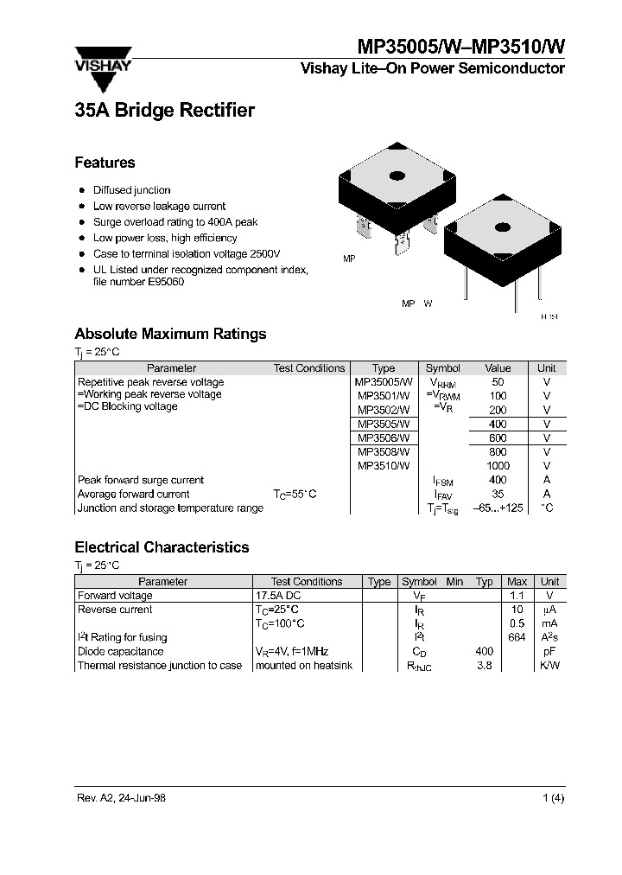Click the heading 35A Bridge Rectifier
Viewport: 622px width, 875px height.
pos(164,111)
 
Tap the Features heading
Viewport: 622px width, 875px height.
pos(105,163)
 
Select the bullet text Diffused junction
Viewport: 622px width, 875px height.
pos(131,190)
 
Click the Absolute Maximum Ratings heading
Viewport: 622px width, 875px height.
pos(170,334)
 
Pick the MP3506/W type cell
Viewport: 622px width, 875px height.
pos(384,437)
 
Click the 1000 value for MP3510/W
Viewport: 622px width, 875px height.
pos(498,466)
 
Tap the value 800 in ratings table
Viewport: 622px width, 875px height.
pos(498,451)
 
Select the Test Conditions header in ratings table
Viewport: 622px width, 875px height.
pos(309,368)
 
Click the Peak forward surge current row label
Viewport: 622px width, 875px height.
pos(141,480)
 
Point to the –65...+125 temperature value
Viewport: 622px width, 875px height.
pos(498,508)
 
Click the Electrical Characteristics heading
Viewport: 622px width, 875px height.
pos(162,547)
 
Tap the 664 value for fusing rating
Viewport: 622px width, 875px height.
pos(517,638)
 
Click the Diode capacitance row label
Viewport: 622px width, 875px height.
pos(120,652)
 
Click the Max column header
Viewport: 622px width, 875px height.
pos(517,582)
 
